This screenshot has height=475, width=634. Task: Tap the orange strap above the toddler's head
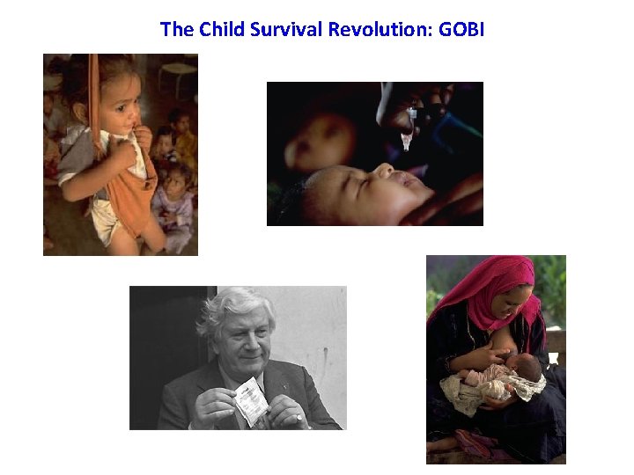pos(93,79)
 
